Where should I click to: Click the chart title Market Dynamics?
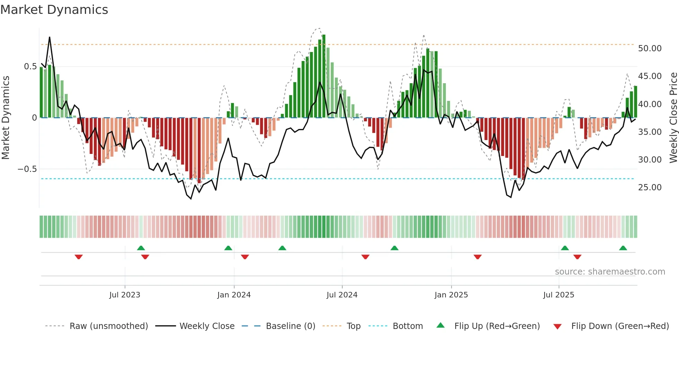click(x=54, y=10)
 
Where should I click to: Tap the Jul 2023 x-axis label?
click(x=125, y=295)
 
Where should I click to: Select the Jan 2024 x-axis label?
click(x=234, y=295)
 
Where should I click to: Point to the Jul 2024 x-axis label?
click(x=342, y=295)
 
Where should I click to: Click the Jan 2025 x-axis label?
click(x=451, y=295)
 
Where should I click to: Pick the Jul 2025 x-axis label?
click(x=558, y=295)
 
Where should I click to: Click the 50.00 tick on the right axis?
click(x=650, y=49)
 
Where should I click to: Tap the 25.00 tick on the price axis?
click(x=650, y=188)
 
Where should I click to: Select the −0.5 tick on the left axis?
click(x=27, y=169)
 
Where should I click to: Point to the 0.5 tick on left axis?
click(x=30, y=67)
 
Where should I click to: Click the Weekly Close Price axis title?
click(x=673, y=118)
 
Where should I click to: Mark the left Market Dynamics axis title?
click(x=6, y=118)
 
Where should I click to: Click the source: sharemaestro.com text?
click(x=610, y=272)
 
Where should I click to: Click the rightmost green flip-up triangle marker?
click(x=623, y=248)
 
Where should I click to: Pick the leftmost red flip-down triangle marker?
click(x=79, y=257)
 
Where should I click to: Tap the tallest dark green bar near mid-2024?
click(x=324, y=76)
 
